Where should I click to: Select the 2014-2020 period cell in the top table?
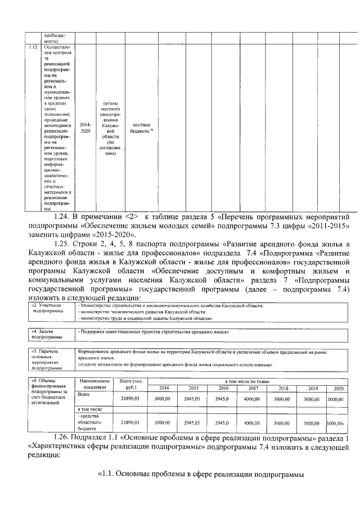tap(84, 127)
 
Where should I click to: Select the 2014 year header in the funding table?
tap(164, 388)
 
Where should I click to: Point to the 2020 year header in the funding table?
tap(338, 388)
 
